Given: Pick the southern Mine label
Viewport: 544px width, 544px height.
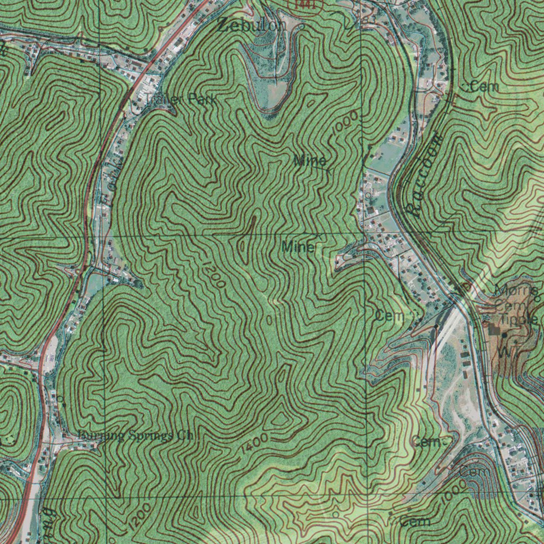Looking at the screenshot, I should point(299,246).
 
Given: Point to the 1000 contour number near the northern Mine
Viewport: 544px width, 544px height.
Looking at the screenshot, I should point(346,127).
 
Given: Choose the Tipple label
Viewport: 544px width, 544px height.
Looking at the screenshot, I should point(521,320).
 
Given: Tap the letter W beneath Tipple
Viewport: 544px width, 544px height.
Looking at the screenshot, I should point(503,352).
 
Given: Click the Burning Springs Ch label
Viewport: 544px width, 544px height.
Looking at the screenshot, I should point(135,436).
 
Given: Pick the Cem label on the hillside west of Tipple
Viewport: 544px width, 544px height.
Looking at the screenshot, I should point(390,316).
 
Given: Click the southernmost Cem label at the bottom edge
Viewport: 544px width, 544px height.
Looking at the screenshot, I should point(415,522).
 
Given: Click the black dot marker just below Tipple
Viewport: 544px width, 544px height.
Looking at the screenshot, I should point(503,335).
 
